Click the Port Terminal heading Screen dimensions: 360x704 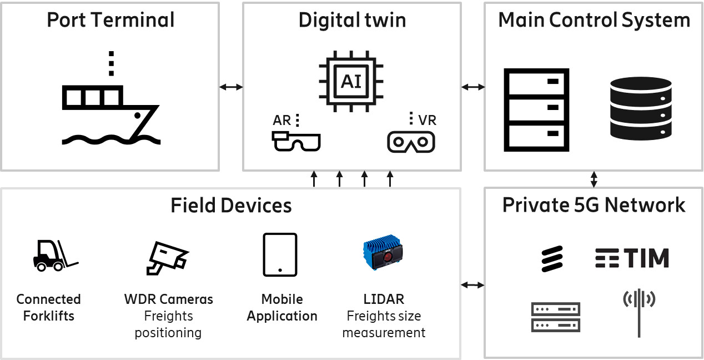110,20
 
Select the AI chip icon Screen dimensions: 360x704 351,81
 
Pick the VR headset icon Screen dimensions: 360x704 411,142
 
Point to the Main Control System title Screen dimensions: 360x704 594,20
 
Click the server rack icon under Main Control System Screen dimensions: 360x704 536,110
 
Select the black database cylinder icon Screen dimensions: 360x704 640,108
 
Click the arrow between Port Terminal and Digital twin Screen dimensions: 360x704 231,87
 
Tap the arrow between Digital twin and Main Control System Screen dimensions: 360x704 473,87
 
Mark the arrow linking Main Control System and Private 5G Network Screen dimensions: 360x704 594,179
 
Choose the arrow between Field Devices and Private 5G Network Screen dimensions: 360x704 473,285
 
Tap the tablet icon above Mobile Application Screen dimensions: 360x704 280,254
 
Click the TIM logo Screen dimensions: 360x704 632,258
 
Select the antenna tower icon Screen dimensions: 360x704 639,311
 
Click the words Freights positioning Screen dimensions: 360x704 168,324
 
